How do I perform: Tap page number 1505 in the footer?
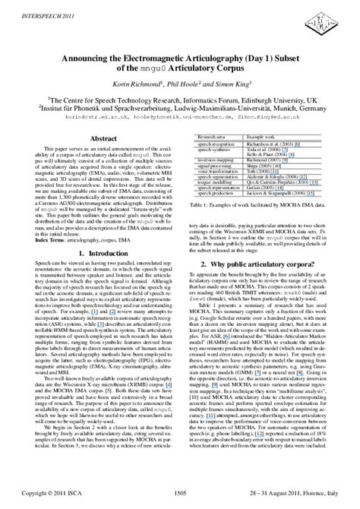tap(180, 494)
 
